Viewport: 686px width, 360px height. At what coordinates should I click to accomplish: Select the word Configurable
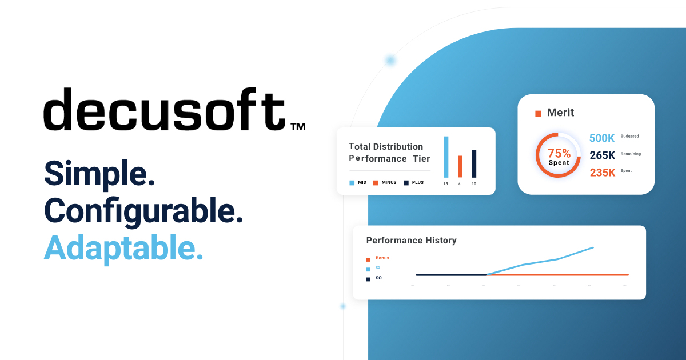[x=143, y=211]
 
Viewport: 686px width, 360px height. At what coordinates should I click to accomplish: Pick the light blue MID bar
[x=446, y=157]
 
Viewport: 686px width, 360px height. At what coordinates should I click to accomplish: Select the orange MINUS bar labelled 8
[x=460, y=166]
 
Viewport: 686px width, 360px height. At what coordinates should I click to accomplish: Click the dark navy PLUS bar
[x=474, y=163]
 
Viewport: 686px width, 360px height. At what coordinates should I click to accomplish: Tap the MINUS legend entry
[x=385, y=183]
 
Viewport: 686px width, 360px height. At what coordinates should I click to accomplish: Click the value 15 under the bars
[x=446, y=184]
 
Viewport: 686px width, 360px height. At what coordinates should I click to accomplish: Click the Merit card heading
[x=560, y=113]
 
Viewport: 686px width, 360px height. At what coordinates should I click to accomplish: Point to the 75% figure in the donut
[x=559, y=153]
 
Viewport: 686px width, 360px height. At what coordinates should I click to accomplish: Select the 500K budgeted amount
[x=602, y=138]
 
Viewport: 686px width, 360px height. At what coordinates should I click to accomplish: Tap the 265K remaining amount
[x=602, y=155]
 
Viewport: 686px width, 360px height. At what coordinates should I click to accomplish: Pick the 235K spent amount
[x=603, y=173]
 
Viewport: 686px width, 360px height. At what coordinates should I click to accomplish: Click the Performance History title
[x=411, y=241]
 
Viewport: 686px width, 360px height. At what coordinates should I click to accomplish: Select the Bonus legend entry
[x=382, y=258]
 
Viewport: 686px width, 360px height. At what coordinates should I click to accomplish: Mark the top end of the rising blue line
[x=593, y=247]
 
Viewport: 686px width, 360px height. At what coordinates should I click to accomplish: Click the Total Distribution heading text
[x=386, y=146]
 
